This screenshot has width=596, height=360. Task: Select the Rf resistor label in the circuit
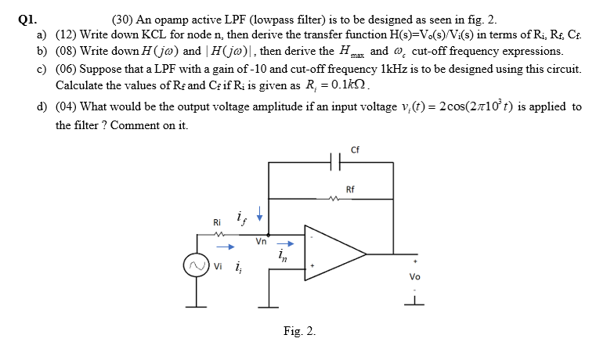point(350,190)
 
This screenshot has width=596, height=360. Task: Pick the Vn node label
point(261,243)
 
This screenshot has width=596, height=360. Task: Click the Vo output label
point(415,276)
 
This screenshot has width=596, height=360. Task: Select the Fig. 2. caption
point(300,332)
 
